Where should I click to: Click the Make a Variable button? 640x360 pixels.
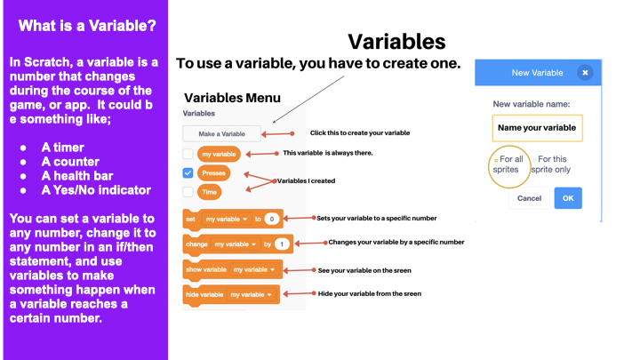(221, 133)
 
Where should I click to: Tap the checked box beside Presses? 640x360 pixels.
(188, 173)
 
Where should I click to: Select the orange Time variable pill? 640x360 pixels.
(210, 192)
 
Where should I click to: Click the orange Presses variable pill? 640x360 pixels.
(213, 173)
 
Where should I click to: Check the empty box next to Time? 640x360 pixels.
(188, 192)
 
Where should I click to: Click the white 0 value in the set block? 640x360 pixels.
(271, 220)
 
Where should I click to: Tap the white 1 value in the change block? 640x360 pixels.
(282, 244)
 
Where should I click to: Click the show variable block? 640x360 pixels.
(233, 270)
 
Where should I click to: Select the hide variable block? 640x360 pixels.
(231, 295)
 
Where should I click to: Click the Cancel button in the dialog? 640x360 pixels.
(530, 198)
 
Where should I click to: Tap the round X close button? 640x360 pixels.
(585, 73)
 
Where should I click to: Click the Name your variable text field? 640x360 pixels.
(537, 128)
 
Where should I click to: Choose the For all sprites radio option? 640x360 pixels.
(508, 164)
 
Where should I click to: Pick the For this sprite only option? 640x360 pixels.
(551, 164)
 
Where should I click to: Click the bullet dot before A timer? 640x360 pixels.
(23, 148)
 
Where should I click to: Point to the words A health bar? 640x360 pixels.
(77, 176)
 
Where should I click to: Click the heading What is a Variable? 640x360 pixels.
(87, 26)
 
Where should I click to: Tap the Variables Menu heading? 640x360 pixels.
(232, 98)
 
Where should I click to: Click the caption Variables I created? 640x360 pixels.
(306, 180)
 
